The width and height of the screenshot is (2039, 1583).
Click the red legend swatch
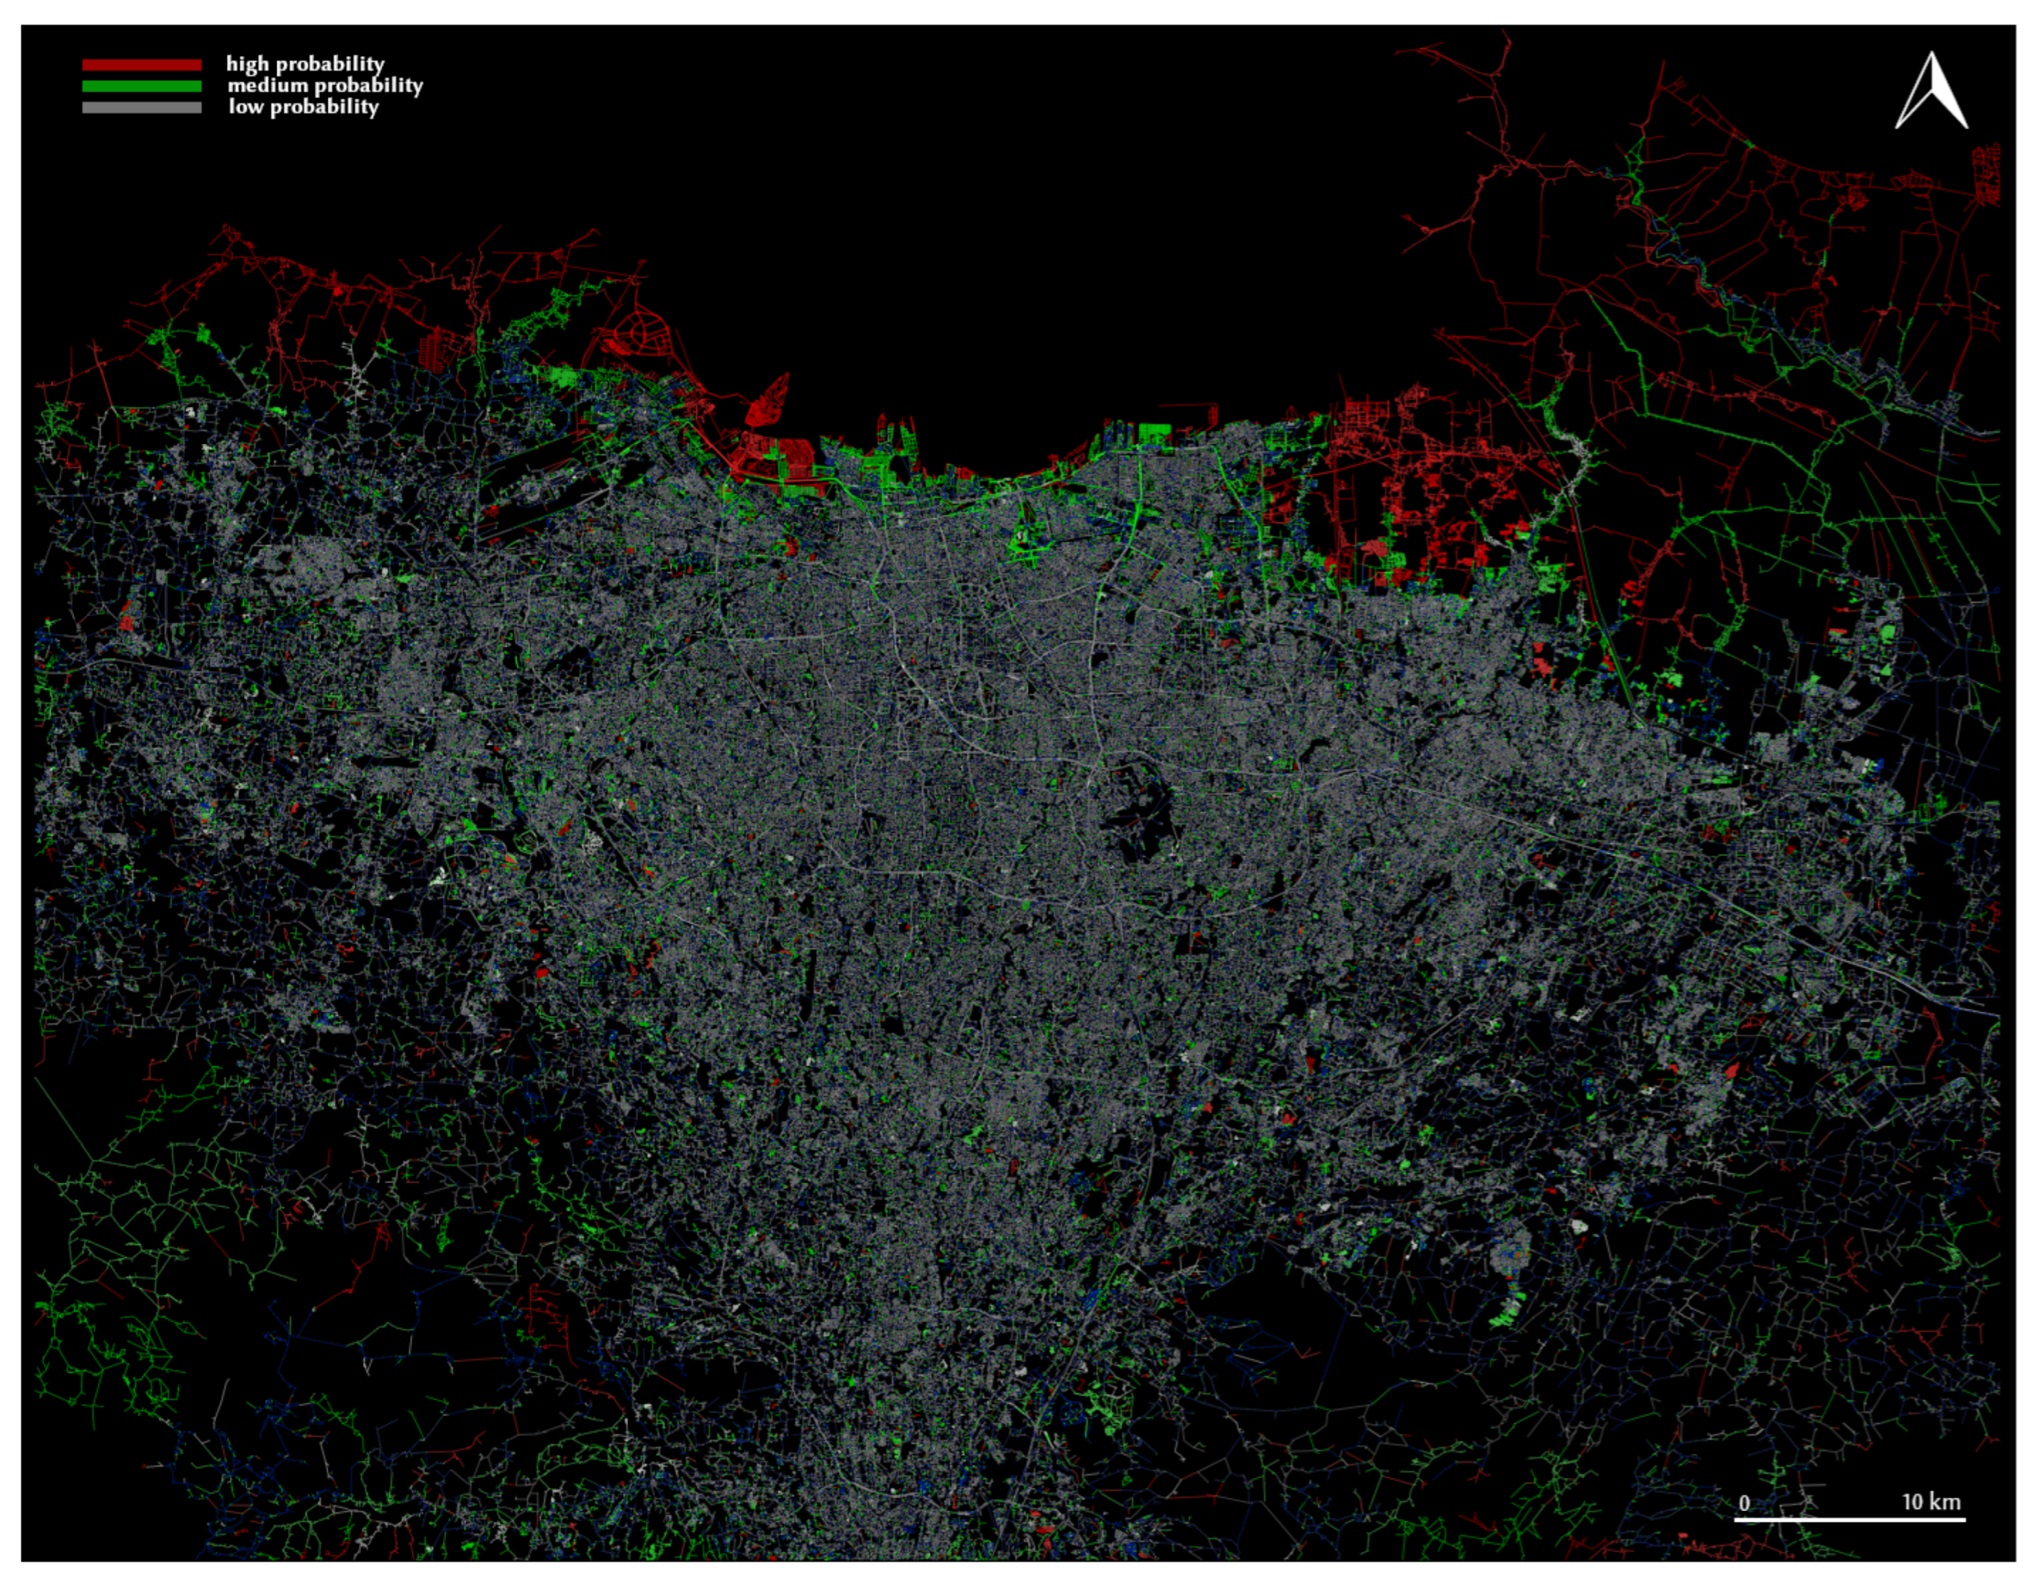pyautogui.click(x=141, y=64)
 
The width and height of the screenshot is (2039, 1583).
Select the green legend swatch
pyautogui.click(x=141, y=86)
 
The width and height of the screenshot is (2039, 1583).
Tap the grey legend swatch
pyautogui.click(x=141, y=108)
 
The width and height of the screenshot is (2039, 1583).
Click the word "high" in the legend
pyautogui.click(x=247, y=64)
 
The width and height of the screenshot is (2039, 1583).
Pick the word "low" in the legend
pyautogui.click(x=245, y=106)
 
